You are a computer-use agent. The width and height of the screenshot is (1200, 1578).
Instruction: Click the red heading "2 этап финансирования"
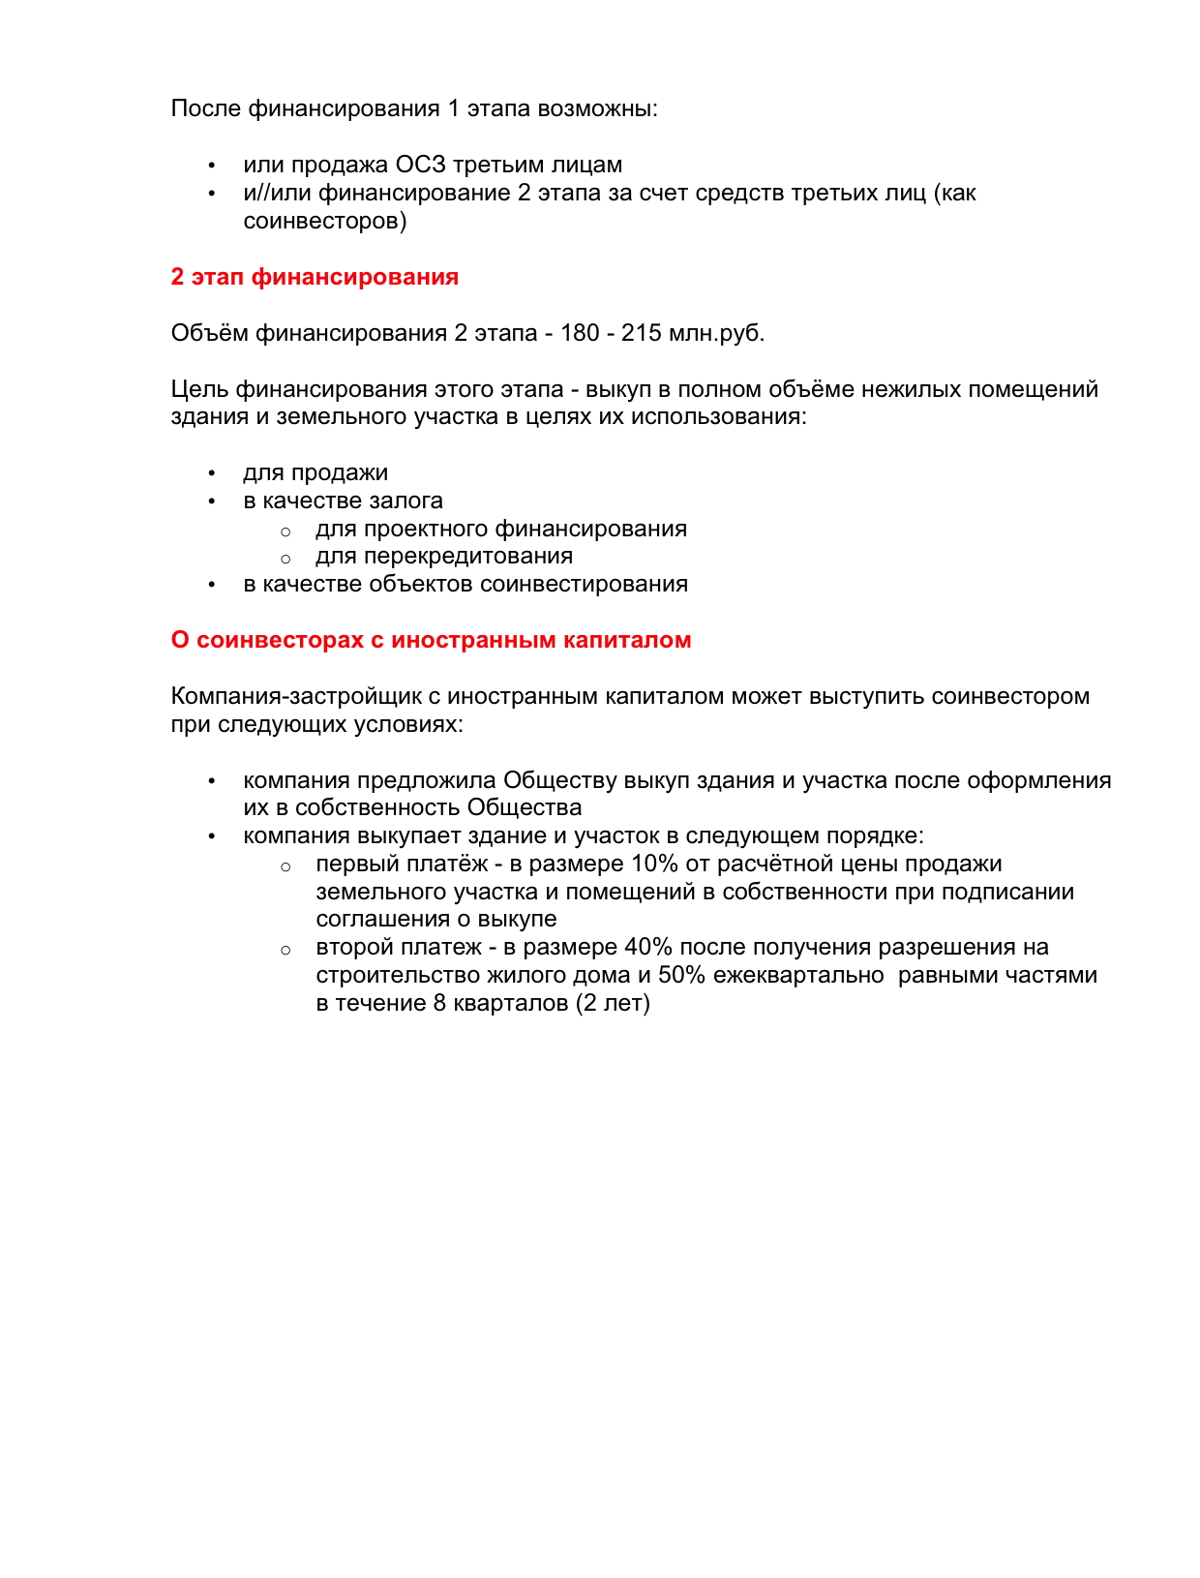point(315,277)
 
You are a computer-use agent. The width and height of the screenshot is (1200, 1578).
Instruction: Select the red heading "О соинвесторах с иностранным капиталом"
point(431,640)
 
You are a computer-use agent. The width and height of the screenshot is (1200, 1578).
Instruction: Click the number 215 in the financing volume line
point(641,333)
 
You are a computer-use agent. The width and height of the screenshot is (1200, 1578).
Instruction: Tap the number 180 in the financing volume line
point(580,333)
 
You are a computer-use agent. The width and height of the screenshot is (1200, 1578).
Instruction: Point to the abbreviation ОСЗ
point(420,165)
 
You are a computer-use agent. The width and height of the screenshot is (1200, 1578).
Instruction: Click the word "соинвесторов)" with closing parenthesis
point(325,221)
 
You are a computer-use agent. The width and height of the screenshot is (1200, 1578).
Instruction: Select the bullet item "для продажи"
point(315,472)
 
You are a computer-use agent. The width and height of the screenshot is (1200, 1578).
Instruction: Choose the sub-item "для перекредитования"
point(444,556)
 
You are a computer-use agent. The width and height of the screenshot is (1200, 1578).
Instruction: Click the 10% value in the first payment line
point(655,864)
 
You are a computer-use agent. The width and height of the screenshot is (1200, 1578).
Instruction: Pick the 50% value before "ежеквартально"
point(681,975)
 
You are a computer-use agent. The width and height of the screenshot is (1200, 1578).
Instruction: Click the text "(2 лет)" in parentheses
point(613,1003)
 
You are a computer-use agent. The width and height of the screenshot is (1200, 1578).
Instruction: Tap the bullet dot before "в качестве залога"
point(211,501)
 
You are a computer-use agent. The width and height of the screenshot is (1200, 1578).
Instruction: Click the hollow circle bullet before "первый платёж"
point(285,865)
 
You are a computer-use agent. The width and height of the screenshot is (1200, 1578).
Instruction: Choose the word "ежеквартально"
point(798,975)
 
